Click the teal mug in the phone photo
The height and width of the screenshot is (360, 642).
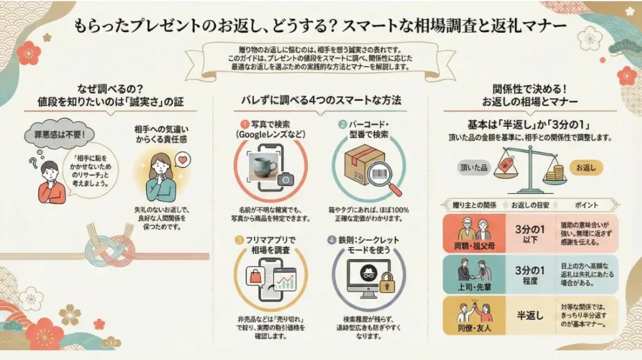263,168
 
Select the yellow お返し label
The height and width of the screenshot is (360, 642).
586,167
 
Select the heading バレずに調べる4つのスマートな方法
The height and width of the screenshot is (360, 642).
321,100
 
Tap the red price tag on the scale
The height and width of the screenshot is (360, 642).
502,164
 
